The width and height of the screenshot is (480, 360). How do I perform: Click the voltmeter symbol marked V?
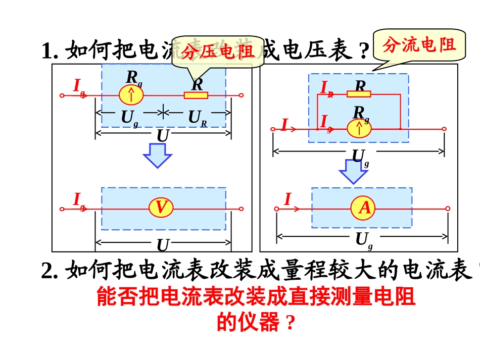coord(161,208)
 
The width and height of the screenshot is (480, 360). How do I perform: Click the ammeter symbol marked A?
coord(364,208)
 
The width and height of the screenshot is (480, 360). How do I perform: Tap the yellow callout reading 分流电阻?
coord(419,45)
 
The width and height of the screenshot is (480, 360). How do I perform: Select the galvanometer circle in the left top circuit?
coord(131,95)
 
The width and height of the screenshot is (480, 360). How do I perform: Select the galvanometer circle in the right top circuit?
coord(359,129)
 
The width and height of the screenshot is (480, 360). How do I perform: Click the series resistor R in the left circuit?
coord(196,95)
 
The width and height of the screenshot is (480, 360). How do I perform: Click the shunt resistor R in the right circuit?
coord(359,94)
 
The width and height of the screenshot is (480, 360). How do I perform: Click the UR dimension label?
coord(198,119)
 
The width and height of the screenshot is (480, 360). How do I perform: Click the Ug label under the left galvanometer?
coord(129,119)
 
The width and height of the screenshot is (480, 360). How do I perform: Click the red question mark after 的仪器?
coord(290,323)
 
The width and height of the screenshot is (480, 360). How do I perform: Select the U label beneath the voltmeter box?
coord(162,245)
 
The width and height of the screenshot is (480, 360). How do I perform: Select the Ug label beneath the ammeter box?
coord(363,240)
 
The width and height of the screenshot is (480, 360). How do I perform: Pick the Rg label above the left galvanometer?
coord(133,78)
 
